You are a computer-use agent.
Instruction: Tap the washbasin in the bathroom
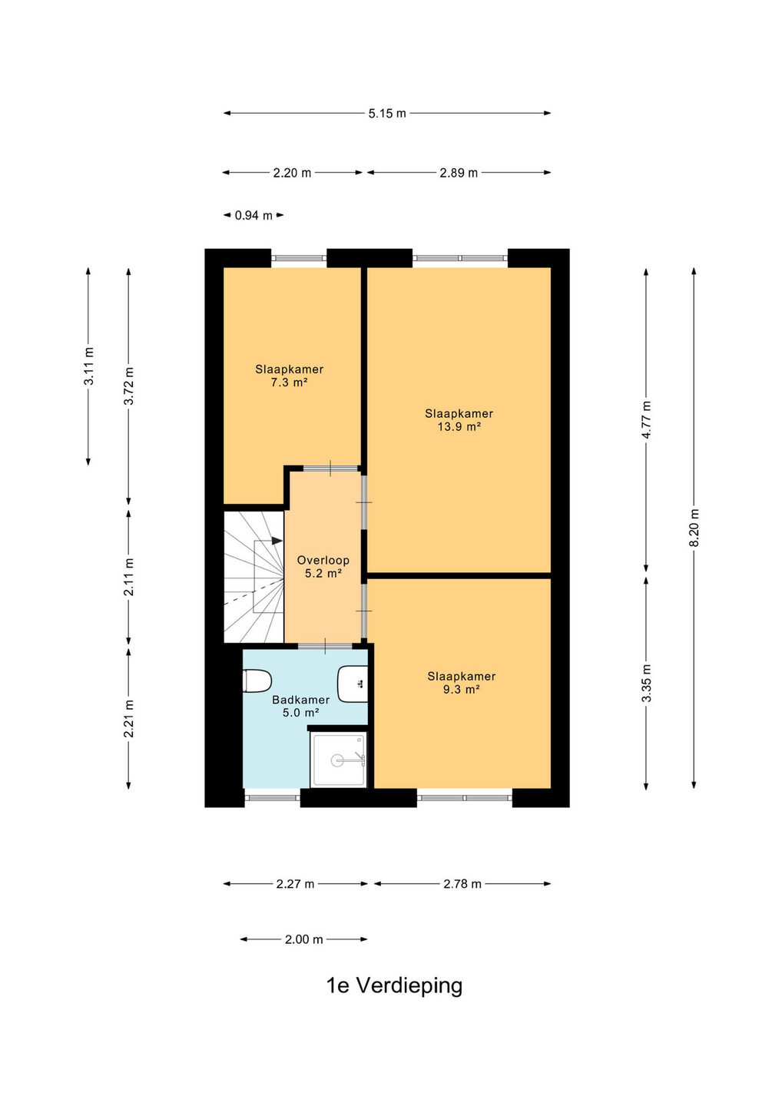tap(353, 684)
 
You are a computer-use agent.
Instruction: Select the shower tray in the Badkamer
tap(338, 760)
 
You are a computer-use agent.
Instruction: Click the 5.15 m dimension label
tap(387, 114)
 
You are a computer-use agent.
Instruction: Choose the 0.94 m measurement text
tap(253, 215)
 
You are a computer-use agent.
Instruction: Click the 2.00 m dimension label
tap(303, 939)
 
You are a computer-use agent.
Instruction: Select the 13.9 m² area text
tap(459, 426)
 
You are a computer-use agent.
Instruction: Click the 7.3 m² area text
tap(290, 382)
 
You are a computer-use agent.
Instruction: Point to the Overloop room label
tap(323, 561)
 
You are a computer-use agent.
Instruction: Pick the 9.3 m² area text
tap(461, 689)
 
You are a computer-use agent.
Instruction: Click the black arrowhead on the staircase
tap(277, 541)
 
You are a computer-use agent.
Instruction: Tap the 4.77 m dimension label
tap(646, 419)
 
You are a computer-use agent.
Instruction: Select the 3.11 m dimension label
tap(88, 366)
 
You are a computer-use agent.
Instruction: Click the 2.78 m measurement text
tap(462, 884)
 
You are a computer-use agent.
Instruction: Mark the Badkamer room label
tap(300, 700)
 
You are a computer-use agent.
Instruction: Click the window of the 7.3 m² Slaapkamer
tap(299, 258)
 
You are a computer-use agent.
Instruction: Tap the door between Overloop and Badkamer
tap(326, 646)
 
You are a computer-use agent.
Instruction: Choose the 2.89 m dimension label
tap(459, 173)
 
